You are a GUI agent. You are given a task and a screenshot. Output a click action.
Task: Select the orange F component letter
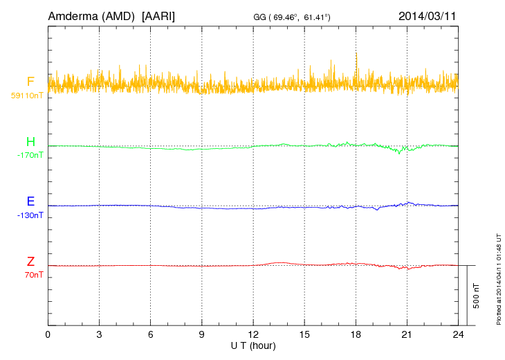(30, 82)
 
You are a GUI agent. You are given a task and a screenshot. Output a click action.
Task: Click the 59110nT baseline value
(26, 95)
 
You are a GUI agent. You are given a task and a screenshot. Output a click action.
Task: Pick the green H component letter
(30, 142)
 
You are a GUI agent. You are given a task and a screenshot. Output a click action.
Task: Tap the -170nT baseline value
(30, 155)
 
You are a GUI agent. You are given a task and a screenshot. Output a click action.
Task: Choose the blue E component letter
(30, 201)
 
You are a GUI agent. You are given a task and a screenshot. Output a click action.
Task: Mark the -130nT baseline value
(30, 215)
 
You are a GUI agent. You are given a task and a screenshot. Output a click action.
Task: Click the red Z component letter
(30, 262)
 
